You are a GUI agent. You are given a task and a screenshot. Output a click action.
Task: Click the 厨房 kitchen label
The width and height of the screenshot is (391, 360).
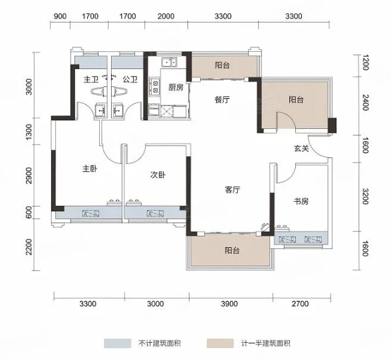pyautogui.click(x=176, y=88)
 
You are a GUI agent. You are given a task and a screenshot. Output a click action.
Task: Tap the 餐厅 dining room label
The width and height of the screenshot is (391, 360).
pyautogui.click(x=222, y=100)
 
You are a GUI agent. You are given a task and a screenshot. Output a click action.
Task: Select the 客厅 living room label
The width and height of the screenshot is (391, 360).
pyautogui.click(x=233, y=190)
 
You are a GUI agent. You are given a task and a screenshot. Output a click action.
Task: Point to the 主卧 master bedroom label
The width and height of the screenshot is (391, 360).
pyautogui.click(x=90, y=169)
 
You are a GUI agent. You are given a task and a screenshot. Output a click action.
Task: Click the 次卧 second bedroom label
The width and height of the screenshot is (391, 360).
pyautogui.click(x=158, y=175)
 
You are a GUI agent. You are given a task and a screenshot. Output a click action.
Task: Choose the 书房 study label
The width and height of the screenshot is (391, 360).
pyautogui.click(x=301, y=201)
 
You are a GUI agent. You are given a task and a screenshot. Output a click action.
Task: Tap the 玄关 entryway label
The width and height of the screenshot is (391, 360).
pyautogui.click(x=301, y=149)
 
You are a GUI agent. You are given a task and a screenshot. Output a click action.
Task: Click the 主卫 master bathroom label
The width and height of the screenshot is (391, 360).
pyautogui.click(x=90, y=80)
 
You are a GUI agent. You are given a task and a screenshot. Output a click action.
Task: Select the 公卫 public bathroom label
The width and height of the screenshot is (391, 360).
pyautogui.click(x=130, y=80)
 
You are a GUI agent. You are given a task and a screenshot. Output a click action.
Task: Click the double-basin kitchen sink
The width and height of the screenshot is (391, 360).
pyautogui.click(x=169, y=62)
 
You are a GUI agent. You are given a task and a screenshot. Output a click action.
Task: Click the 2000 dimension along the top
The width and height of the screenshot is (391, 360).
pyautogui.click(x=166, y=17)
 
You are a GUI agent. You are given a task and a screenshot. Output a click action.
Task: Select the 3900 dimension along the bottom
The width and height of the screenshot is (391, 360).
pyautogui.click(x=229, y=304)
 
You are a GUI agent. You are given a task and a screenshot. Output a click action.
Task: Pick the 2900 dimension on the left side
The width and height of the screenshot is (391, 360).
pyautogui.click(x=29, y=175)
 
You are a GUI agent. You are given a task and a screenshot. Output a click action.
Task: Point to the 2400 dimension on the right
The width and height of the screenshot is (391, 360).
pyautogui.click(x=364, y=102)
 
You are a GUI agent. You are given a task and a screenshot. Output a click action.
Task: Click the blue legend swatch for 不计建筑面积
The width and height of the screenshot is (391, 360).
pyautogui.click(x=118, y=343)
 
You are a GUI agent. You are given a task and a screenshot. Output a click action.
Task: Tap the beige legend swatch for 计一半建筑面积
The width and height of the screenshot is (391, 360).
pyautogui.click(x=220, y=343)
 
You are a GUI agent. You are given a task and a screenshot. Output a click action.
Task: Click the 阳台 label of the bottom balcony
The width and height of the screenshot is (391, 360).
pyautogui.click(x=232, y=250)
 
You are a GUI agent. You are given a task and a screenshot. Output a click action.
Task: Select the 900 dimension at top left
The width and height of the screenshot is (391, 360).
pyautogui.click(x=60, y=17)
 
